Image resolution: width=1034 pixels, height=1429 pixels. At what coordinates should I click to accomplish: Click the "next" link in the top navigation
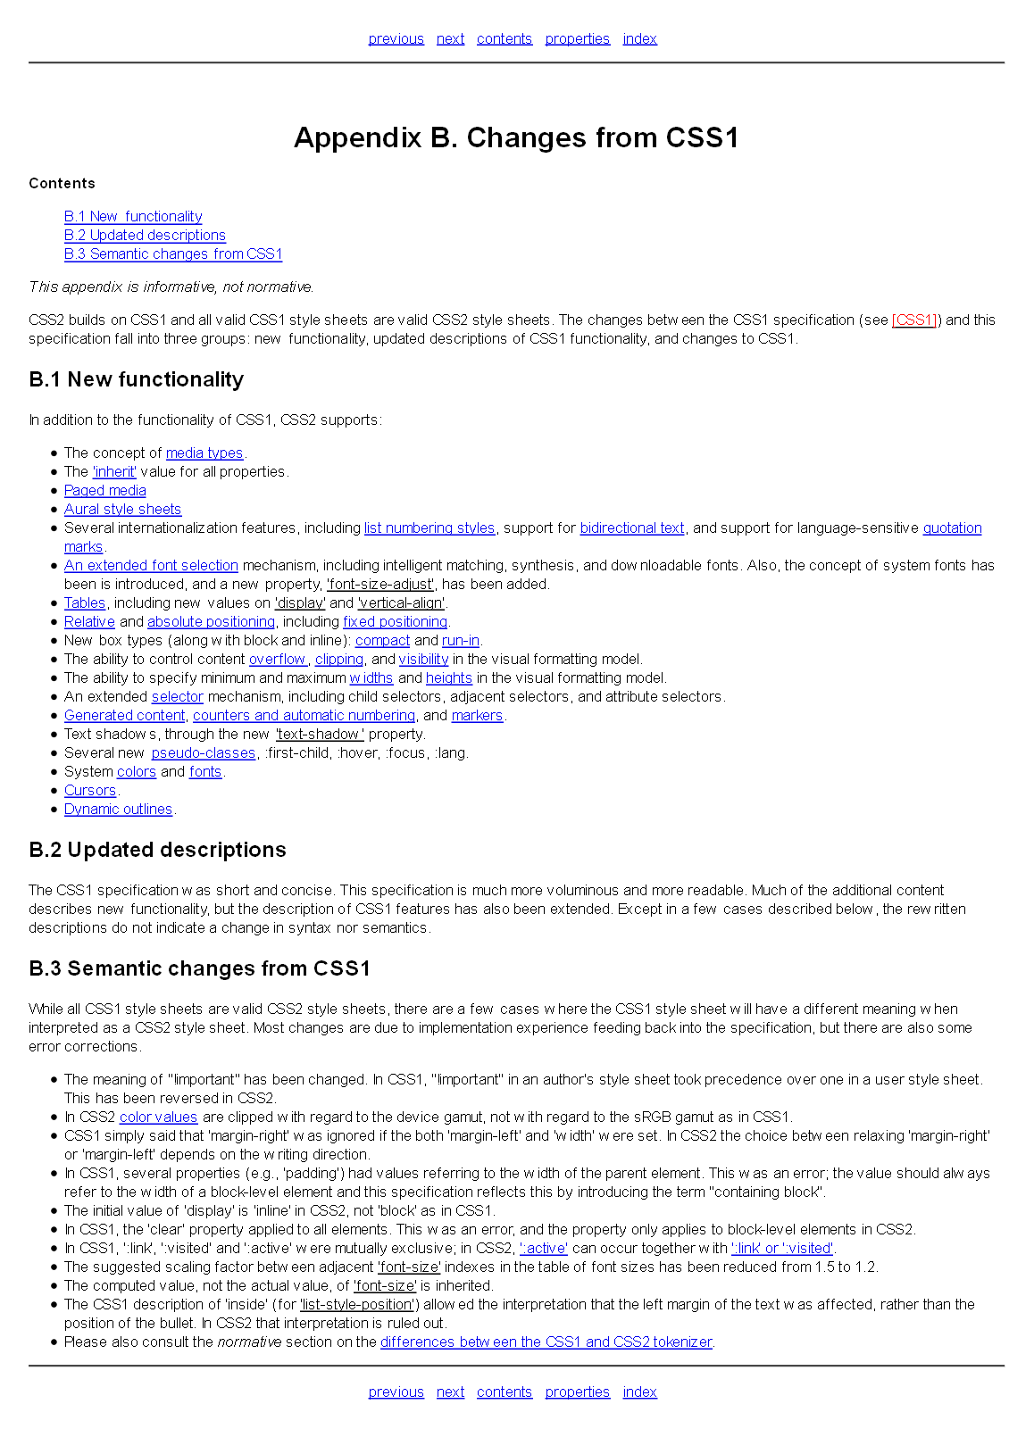pos(450,38)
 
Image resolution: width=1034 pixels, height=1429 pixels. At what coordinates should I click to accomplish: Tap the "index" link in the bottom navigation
pos(639,1392)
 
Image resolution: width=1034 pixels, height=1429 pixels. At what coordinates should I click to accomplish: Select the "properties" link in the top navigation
pos(577,38)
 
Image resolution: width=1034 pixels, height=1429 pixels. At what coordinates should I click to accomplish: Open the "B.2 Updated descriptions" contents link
pos(145,235)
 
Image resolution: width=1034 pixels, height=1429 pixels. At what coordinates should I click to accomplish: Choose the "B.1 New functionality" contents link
pos(133,216)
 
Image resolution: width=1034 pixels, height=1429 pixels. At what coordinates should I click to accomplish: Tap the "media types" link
pos(204,453)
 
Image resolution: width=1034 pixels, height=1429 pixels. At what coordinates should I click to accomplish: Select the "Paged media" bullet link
pos(104,490)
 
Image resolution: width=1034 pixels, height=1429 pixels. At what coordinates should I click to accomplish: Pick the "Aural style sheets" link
pos(122,509)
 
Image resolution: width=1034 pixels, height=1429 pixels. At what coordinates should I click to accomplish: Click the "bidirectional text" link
pos(632,528)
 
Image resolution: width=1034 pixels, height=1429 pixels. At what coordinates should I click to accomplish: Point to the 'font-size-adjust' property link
pos(380,584)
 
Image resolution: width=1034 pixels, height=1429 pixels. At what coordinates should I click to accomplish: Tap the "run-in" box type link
pos(461,640)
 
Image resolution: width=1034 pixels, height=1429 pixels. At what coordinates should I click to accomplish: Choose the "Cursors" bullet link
pos(90,790)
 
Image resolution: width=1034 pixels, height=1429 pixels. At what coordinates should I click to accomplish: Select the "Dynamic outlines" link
pos(118,809)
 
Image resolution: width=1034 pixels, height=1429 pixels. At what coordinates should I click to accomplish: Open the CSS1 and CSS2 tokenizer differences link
pos(546,1342)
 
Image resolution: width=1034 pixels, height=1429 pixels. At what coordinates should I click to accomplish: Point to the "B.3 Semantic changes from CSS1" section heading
pos(199,968)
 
